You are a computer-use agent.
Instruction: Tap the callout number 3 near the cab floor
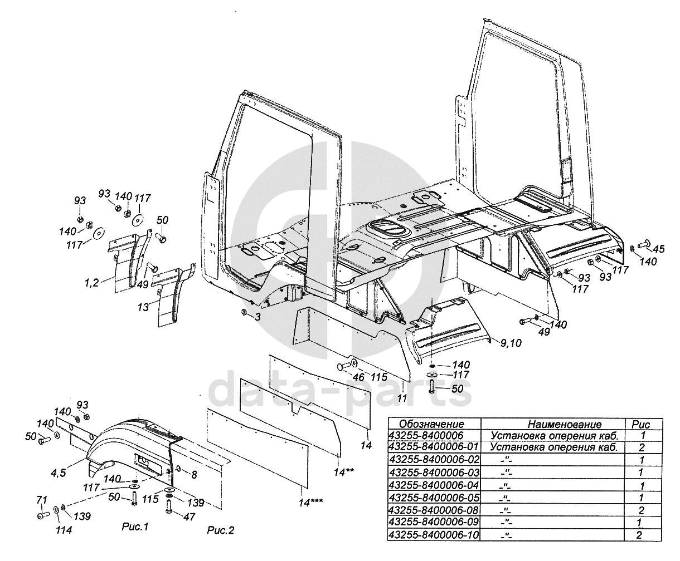click(258, 316)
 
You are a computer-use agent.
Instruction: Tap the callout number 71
click(42, 499)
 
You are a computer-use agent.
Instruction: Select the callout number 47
click(190, 516)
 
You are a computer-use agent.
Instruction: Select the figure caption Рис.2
click(220, 530)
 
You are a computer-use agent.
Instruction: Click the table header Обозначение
click(431, 424)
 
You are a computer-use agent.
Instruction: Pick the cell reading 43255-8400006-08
click(433, 510)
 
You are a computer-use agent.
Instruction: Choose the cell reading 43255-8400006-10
click(433, 535)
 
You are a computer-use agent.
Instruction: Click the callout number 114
click(63, 530)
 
